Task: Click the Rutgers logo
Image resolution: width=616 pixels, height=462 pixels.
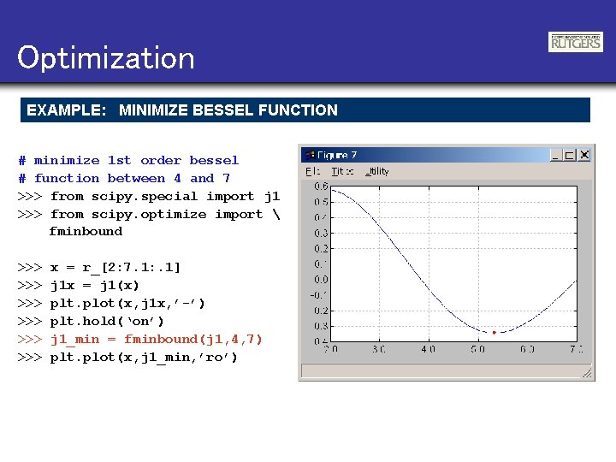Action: (575, 42)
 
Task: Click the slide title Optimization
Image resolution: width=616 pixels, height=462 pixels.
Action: (105, 58)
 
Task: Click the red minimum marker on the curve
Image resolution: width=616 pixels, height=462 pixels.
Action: (494, 332)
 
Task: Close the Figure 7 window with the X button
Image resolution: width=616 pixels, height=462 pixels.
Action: (583, 155)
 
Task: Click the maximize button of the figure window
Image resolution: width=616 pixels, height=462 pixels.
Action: (569, 155)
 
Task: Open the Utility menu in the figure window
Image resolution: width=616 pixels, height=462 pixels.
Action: (376, 171)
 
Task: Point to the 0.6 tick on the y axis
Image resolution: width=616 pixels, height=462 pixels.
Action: (320, 186)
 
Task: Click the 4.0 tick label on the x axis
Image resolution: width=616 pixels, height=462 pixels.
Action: (428, 349)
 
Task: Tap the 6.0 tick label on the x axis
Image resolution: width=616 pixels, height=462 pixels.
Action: (527, 349)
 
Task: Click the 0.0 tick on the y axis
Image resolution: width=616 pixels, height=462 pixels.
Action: (320, 279)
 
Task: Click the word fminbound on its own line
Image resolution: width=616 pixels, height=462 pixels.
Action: (86, 231)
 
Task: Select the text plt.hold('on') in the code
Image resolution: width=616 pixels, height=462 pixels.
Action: (107, 321)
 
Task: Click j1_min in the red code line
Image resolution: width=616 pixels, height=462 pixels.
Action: (74, 339)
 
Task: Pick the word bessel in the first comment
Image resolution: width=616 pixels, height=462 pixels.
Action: (214, 160)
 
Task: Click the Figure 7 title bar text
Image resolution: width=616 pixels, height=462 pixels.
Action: (337, 155)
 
